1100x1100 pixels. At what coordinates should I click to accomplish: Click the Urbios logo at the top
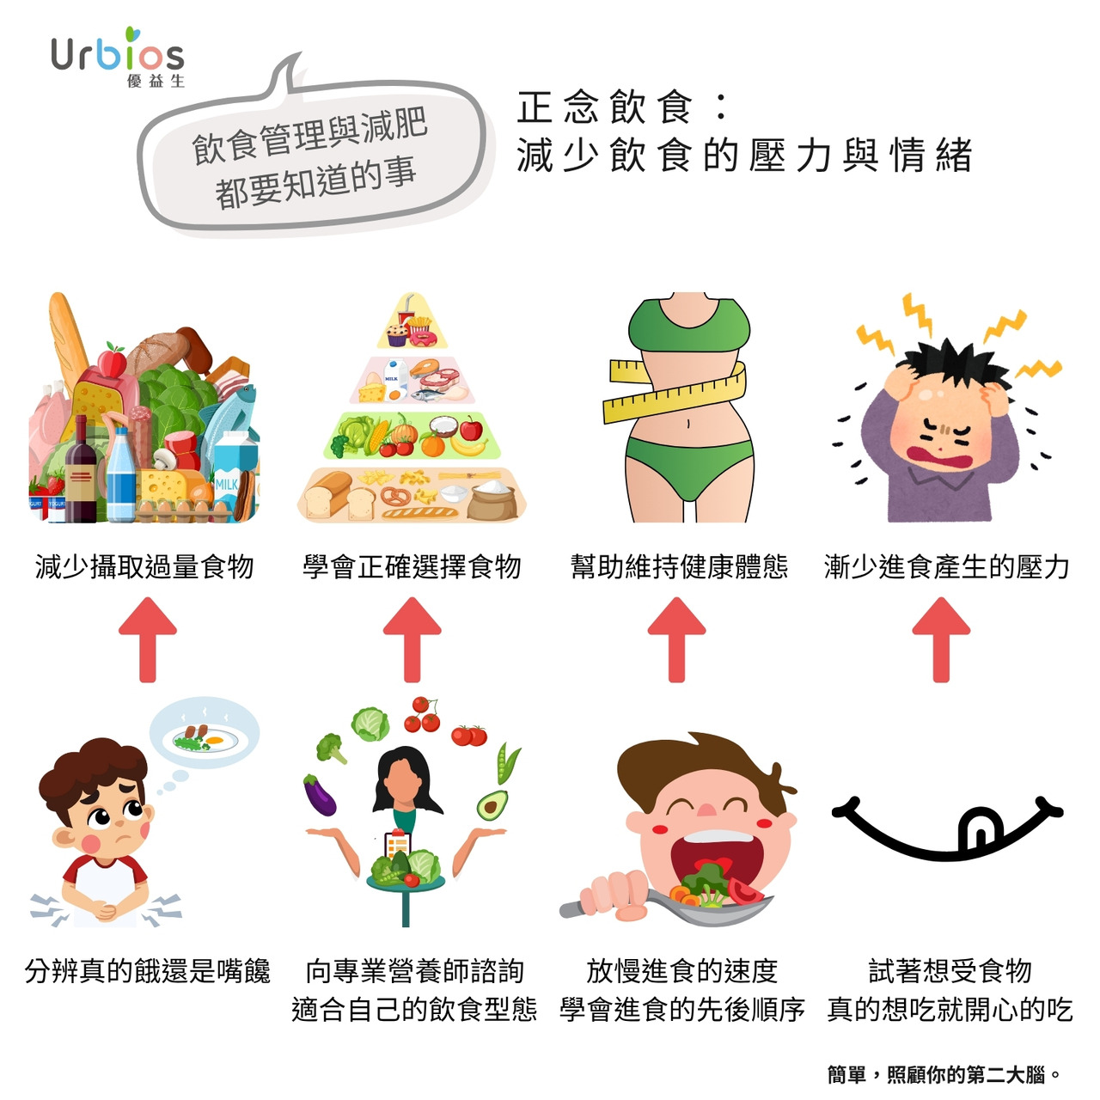click(x=118, y=57)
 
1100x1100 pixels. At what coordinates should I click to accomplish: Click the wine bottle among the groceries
click(x=81, y=469)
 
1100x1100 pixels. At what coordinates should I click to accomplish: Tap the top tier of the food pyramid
click(x=412, y=322)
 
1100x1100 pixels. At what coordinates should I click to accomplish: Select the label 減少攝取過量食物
click(x=144, y=567)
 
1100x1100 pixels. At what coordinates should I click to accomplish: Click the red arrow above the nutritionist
click(x=412, y=639)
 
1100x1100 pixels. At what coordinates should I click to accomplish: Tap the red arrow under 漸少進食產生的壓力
click(x=941, y=639)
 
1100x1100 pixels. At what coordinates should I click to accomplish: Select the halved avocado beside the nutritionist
click(x=492, y=804)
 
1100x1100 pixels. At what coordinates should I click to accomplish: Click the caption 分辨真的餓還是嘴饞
click(x=147, y=971)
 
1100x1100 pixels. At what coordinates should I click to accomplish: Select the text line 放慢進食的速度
click(x=682, y=971)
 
